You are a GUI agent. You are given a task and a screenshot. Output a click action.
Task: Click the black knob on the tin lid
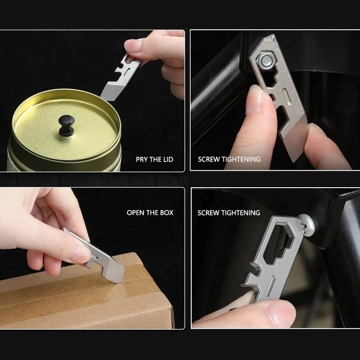pyautogui.click(x=66, y=125)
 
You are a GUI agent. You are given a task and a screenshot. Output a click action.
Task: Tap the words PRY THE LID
pyautogui.click(x=154, y=159)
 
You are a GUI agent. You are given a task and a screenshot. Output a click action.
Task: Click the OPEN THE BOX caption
pyautogui.click(x=150, y=212)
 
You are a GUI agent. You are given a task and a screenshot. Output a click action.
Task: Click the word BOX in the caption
pyautogui.click(x=167, y=212)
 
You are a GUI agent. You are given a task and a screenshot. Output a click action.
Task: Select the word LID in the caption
pyautogui.click(x=168, y=159)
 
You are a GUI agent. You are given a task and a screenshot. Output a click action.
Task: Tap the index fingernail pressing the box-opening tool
pyautogui.click(x=82, y=251)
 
